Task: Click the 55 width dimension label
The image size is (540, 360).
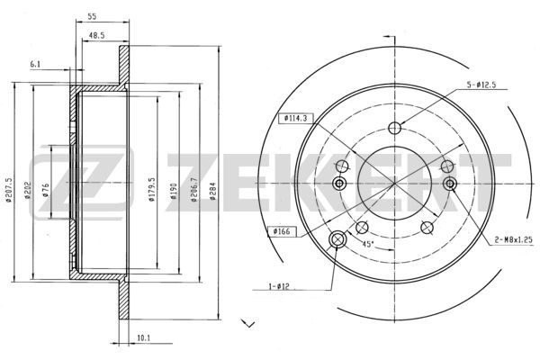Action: click(92, 16)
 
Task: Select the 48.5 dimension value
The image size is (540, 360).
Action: click(96, 35)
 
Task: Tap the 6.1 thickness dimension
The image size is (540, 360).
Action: click(35, 64)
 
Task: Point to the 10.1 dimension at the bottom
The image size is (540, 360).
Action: click(144, 338)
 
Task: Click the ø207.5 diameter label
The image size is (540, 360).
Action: click(9, 190)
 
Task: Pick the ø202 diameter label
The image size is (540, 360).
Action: click(28, 191)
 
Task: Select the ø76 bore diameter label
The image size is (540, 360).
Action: click(46, 190)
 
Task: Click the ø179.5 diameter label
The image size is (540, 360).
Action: click(152, 190)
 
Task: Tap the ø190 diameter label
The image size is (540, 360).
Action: click(174, 191)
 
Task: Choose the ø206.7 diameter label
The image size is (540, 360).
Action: click(194, 190)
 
